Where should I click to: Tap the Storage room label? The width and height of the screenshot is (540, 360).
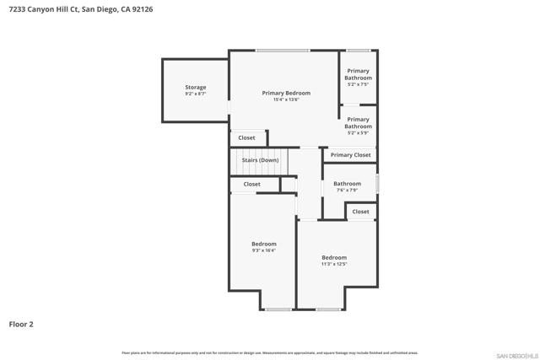click(x=196, y=87)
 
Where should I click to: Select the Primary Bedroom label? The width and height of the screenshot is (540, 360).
click(x=286, y=93)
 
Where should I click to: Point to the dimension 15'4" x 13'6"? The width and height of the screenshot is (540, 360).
click(x=286, y=99)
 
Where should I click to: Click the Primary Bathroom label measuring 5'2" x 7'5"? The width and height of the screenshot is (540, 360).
click(x=358, y=74)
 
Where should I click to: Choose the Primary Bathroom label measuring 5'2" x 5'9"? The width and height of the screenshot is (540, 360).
click(x=358, y=123)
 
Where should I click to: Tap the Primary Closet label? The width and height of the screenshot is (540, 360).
click(x=350, y=155)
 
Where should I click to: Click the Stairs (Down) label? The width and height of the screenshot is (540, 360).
click(x=261, y=160)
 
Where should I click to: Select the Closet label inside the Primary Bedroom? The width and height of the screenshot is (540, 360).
click(x=246, y=137)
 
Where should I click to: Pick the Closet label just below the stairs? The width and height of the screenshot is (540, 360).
click(x=252, y=184)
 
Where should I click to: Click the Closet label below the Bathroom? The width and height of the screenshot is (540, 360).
click(x=360, y=212)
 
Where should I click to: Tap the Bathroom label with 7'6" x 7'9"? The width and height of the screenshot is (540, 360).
click(x=347, y=184)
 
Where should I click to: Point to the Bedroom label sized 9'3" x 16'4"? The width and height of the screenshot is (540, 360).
click(x=264, y=244)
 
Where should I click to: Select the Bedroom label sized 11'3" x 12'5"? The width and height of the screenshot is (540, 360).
click(x=334, y=257)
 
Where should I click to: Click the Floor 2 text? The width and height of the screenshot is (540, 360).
click(x=21, y=324)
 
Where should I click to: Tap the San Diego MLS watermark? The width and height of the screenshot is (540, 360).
click(x=514, y=354)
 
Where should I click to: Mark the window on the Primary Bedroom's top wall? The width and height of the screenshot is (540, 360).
click(x=283, y=51)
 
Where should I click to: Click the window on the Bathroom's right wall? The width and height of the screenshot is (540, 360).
click(x=377, y=183)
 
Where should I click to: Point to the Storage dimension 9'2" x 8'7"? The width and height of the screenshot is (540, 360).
click(x=196, y=94)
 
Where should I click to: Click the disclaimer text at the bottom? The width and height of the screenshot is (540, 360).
click(x=269, y=352)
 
